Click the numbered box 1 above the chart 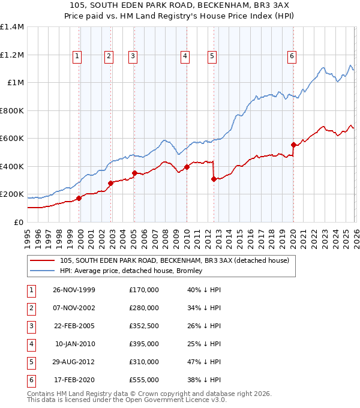pos(78,56)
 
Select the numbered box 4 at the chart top pos(185,56)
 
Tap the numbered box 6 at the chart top pos(292,56)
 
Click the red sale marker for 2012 pos(214,179)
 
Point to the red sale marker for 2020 pos(293,145)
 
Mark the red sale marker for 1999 pos(79,198)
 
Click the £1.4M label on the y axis pos(12,27)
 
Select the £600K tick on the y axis pos(12,139)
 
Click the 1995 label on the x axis pos(28,238)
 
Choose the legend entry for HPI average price pos(131,271)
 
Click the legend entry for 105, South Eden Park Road pos(174,260)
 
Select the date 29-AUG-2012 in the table pos(74,361)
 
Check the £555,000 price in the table pos(143,379)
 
